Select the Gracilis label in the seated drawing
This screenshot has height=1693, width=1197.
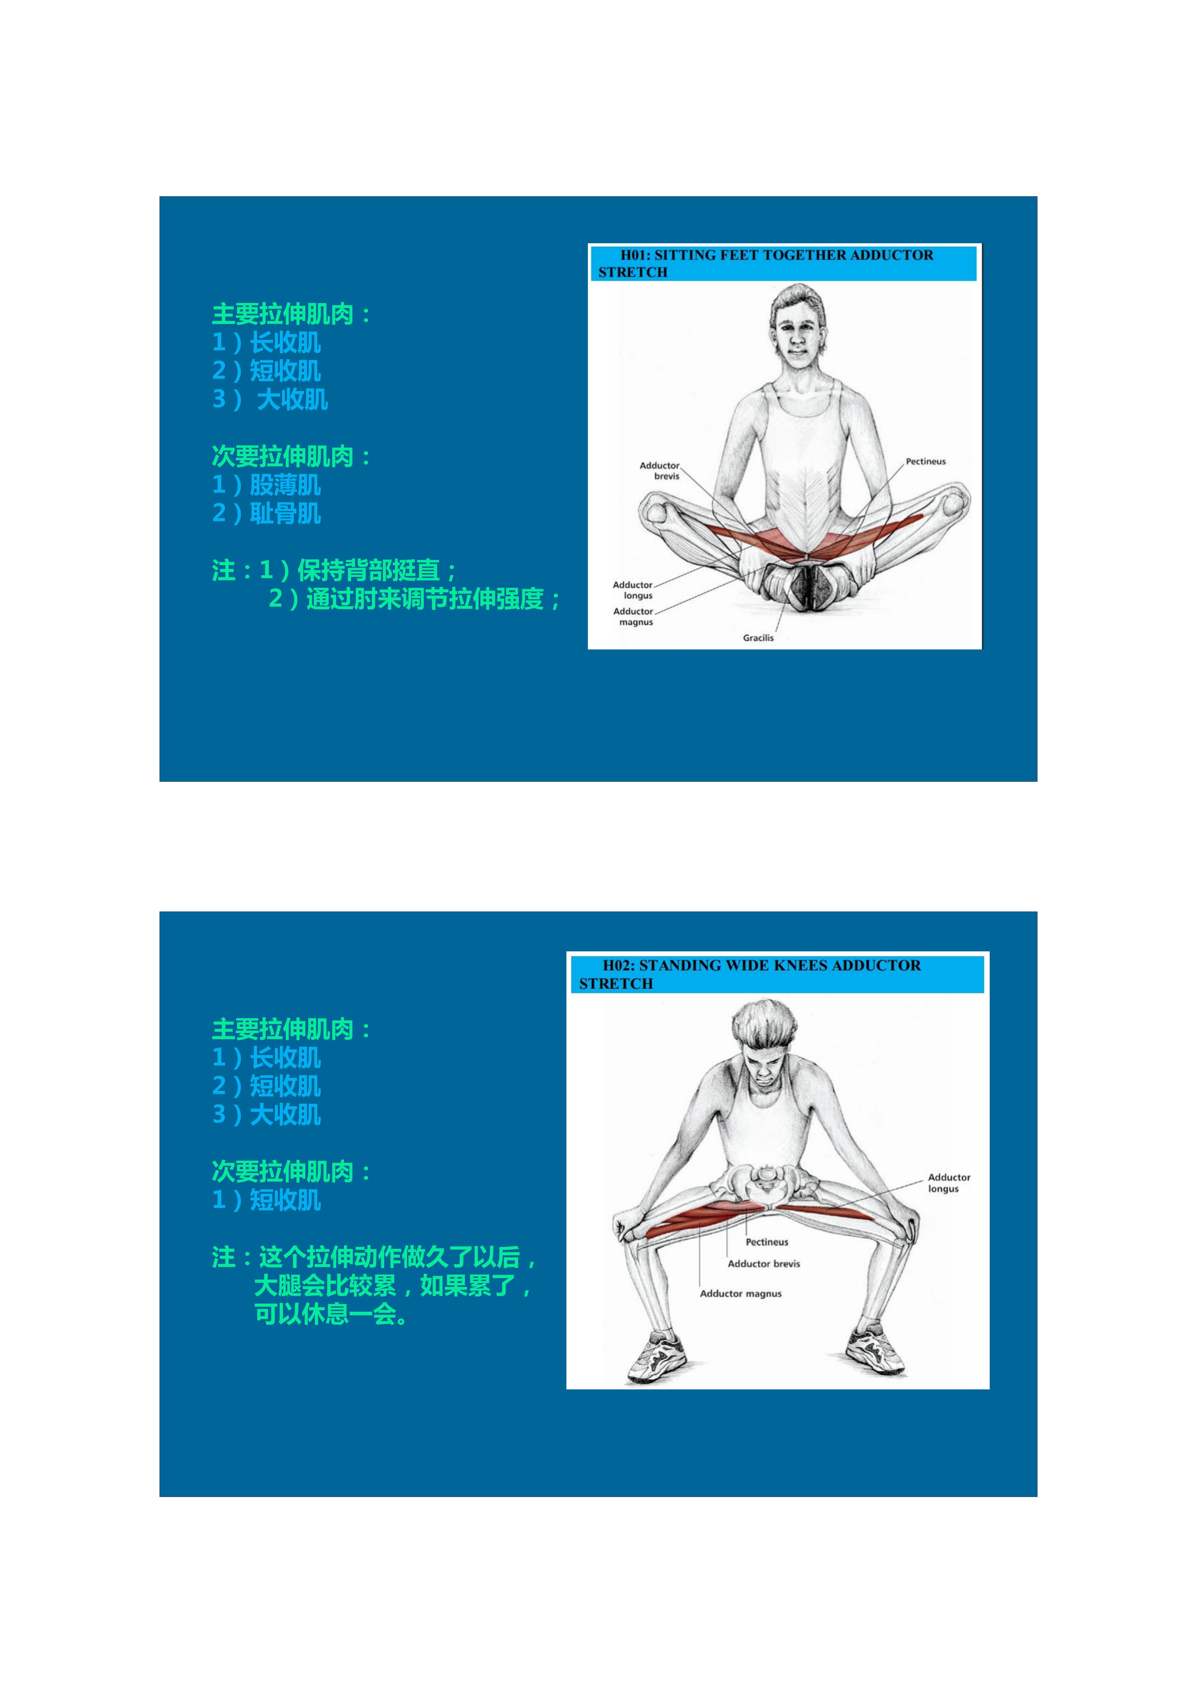coord(758,638)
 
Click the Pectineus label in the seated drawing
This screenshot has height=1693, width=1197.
coord(926,462)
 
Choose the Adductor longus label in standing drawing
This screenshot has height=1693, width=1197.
coord(949,1183)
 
